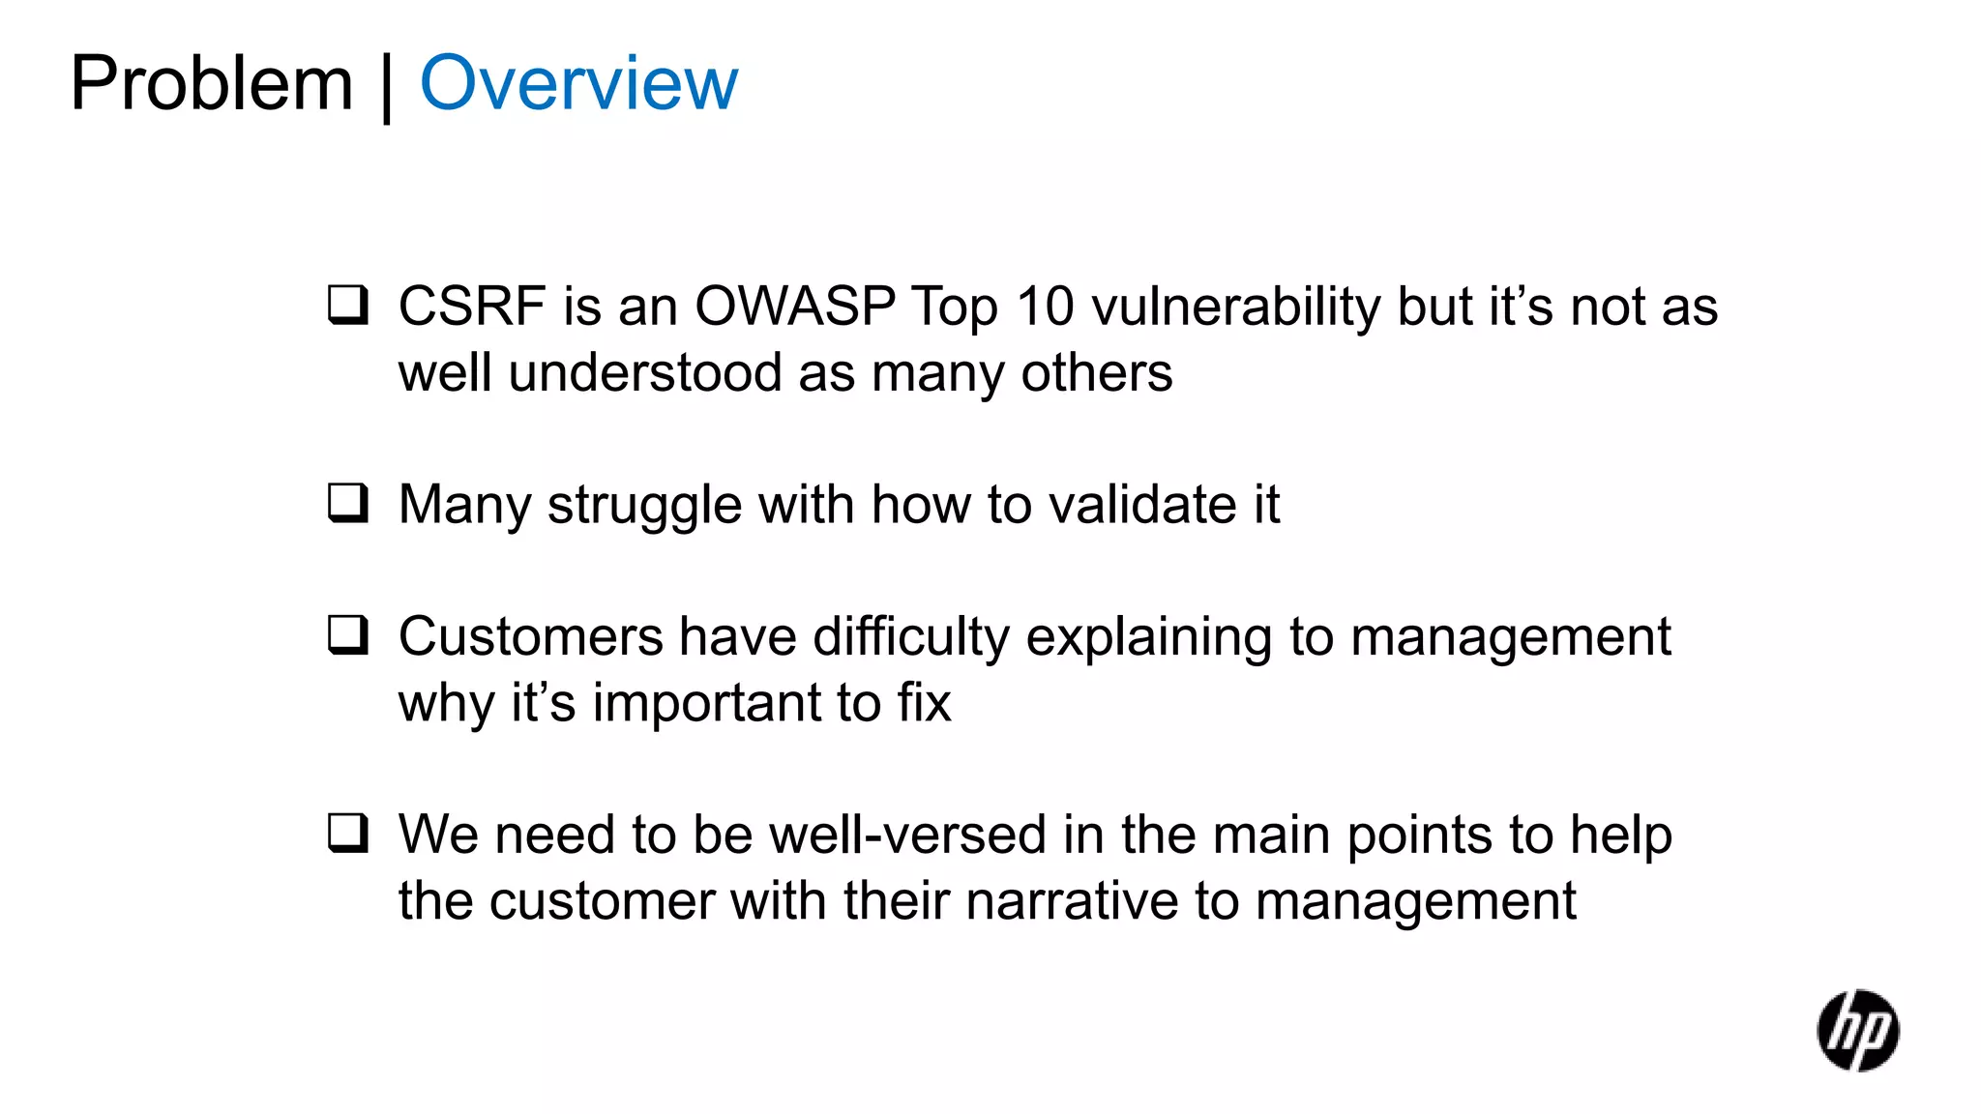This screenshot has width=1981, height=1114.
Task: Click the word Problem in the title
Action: pos(211,85)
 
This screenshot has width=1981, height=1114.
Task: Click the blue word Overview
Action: pos(578,85)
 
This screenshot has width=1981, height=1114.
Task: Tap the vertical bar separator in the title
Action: pos(387,87)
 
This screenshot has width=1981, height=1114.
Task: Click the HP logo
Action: pos(1857,1031)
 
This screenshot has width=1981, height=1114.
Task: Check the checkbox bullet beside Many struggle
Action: pos(347,503)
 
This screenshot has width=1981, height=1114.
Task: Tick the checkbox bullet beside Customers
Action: pos(347,635)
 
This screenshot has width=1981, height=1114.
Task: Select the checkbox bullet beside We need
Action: pos(347,833)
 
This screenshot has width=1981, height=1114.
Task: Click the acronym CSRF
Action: pos(472,307)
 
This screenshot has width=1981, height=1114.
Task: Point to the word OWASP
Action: pos(795,307)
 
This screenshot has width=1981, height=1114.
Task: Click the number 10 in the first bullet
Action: pos(1045,307)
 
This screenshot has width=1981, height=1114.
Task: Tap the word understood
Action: pos(645,373)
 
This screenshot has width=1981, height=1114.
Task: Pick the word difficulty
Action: pos(910,638)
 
